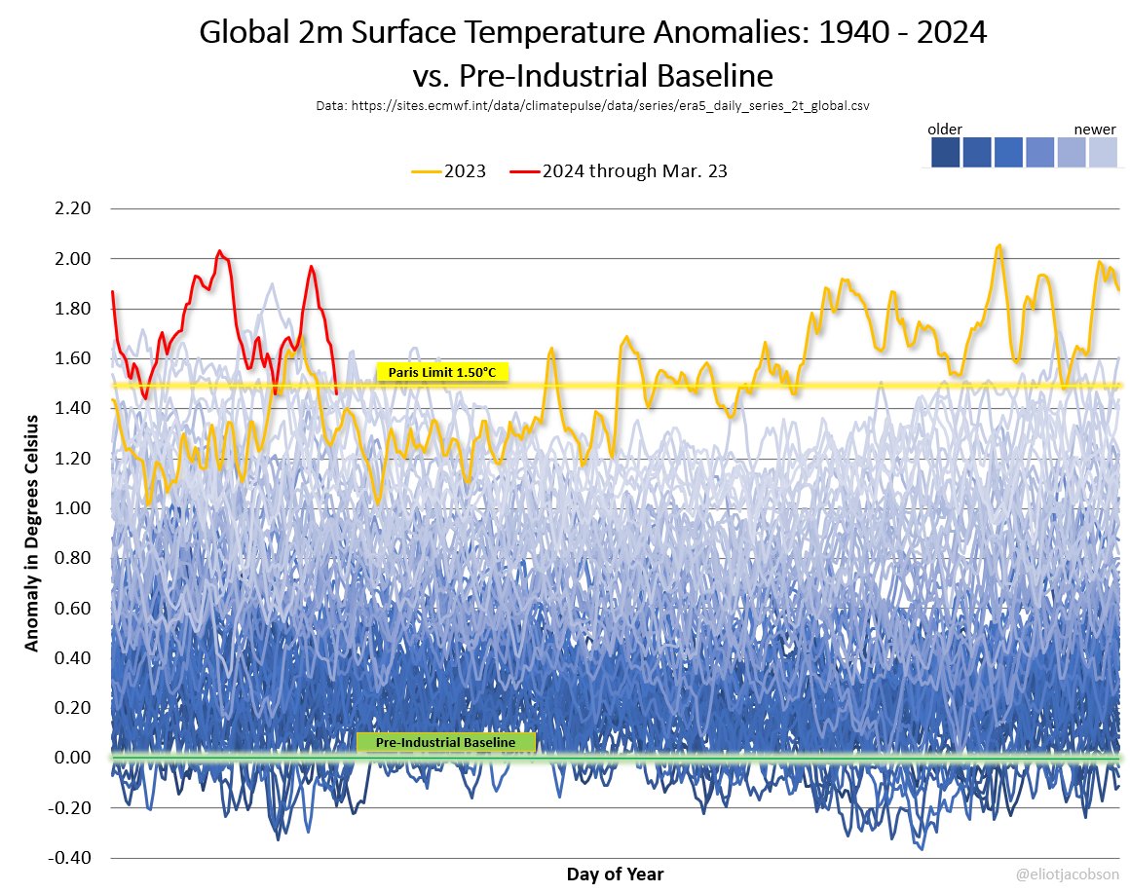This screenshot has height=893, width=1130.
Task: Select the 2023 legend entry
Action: coord(449,170)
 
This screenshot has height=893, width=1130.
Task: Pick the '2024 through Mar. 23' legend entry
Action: coord(619,170)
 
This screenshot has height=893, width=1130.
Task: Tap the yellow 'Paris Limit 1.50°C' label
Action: coord(441,372)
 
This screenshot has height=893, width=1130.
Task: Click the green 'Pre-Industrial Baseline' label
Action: coord(446,742)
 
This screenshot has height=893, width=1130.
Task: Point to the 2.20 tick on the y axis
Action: coord(74,208)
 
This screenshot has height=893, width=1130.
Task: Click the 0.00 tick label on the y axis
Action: coord(74,758)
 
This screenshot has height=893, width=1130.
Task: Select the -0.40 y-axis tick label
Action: coord(72,858)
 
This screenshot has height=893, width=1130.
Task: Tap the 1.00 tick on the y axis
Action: coord(74,508)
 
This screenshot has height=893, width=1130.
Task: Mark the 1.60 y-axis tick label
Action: coord(74,358)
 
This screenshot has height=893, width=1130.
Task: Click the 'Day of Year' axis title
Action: coord(615,874)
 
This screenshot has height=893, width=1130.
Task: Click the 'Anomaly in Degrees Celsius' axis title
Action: coord(31,533)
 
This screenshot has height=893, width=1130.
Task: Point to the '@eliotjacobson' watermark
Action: coord(1068,874)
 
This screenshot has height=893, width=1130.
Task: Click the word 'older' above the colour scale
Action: coord(944,130)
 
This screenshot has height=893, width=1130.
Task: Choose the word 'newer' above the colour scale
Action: coord(1094,130)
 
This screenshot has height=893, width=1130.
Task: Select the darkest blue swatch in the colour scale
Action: coord(943,153)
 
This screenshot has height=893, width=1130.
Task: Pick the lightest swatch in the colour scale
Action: coord(1103,153)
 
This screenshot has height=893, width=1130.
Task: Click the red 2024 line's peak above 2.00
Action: coord(219,251)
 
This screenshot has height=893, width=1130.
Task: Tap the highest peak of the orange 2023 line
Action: coord(998,245)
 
